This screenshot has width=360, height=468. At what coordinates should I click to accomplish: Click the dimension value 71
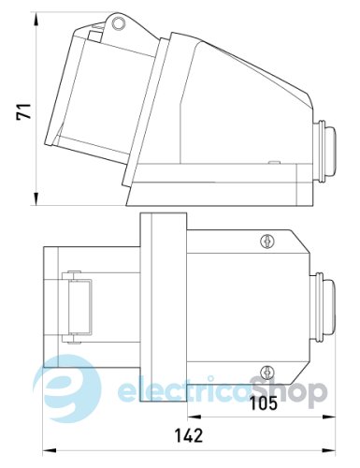coord(16,113)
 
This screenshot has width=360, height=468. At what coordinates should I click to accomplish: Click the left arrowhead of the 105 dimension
coord(188,417)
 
